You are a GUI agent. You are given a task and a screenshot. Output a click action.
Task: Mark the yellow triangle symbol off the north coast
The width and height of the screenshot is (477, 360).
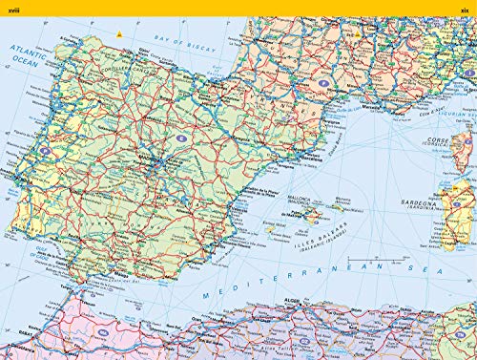[x=118, y=34]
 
